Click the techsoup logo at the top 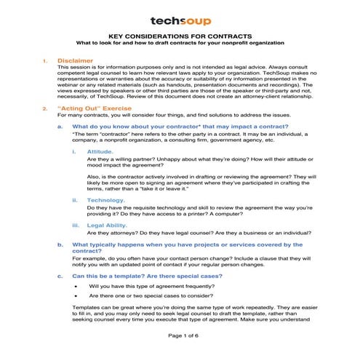point(180,21)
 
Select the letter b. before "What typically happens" point(60,245)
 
